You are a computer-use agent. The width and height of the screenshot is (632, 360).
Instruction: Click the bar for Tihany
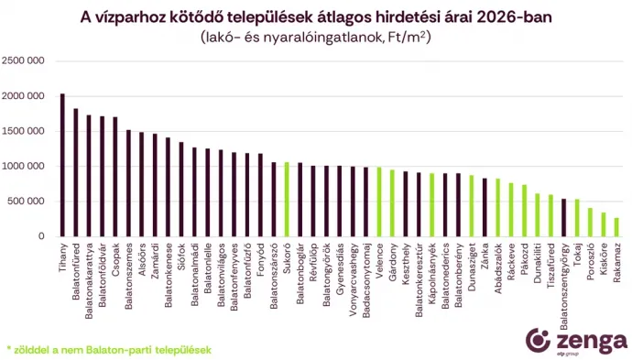pyautogui.click(x=62, y=166)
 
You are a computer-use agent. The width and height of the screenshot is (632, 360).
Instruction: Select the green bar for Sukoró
pyautogui.click(x=287, y=200)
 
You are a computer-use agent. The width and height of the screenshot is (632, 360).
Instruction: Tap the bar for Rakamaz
pyautogui.click(x=616, y=227)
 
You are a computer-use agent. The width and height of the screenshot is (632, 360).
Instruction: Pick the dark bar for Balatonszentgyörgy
pyautogui.click(x=564, y=218)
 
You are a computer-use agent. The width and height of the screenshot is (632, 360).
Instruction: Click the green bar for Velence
pyautogui.click(x=379, y=202)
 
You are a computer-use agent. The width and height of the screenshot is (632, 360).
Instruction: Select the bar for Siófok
pyautogui.click(x=181, y=190)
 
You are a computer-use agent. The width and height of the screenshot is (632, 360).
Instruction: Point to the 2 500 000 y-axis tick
pyautogui.click(x=24, y=61)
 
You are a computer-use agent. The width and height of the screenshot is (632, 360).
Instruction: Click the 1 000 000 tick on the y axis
pyautogui.click(x=24, y=167)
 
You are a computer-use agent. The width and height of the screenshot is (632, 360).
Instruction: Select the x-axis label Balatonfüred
pyautogui.click(x=76, y=269)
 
